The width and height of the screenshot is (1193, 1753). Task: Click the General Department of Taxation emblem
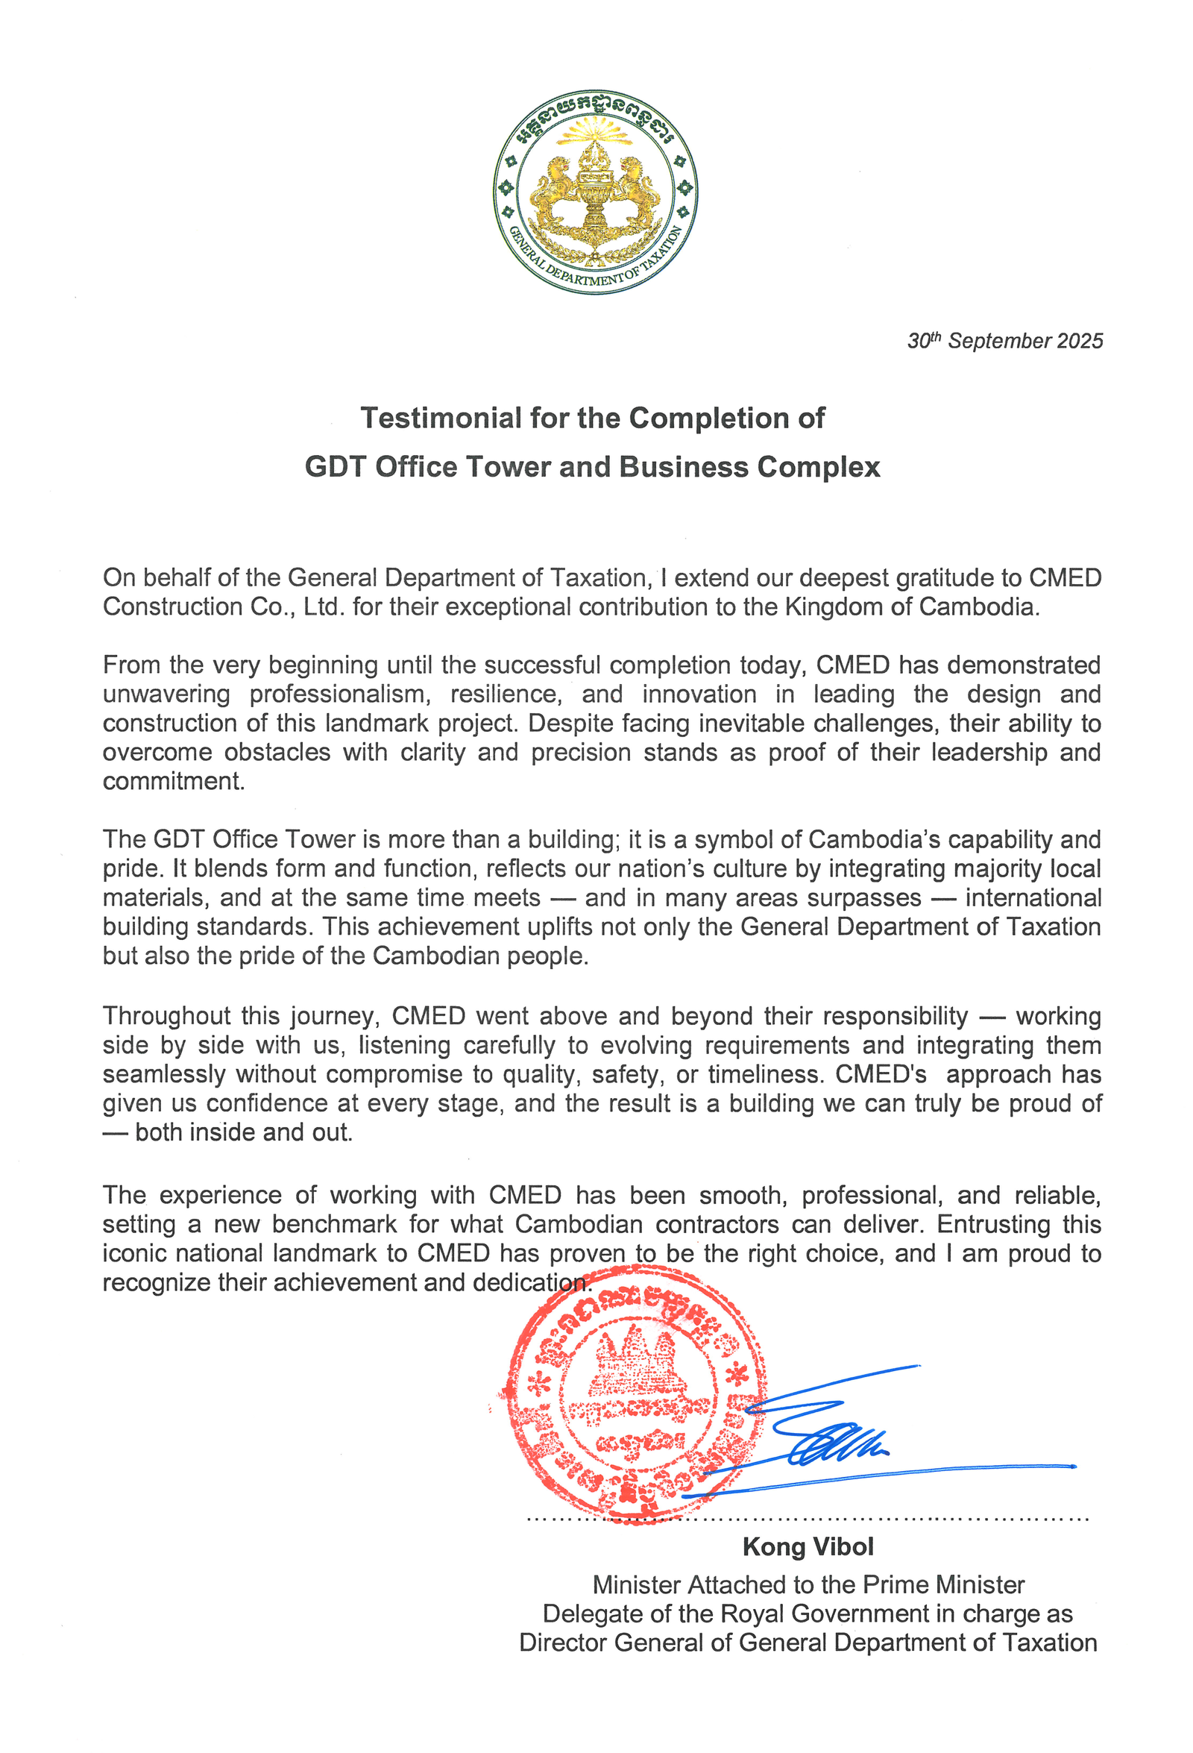(595, 193)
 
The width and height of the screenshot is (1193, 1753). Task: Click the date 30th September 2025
(1004, 341)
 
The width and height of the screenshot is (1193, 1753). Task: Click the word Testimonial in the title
(441, 418)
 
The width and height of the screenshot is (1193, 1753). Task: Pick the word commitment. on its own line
(174, 781)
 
